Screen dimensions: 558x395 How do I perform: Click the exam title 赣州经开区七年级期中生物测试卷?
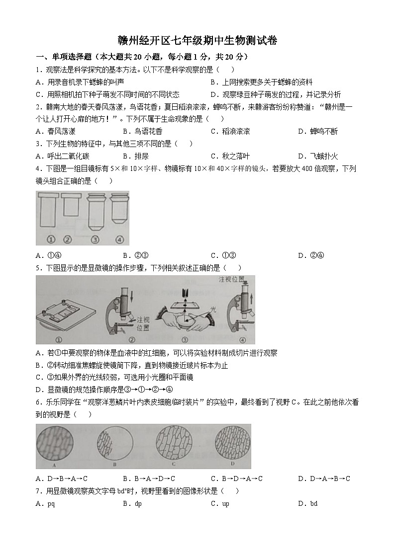[197, 41]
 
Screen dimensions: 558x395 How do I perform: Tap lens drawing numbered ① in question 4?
[49, 214]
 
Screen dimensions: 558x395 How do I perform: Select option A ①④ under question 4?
[49, 255]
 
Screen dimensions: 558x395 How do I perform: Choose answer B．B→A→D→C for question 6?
[149, 478]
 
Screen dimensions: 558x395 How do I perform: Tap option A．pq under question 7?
[45, 503]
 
